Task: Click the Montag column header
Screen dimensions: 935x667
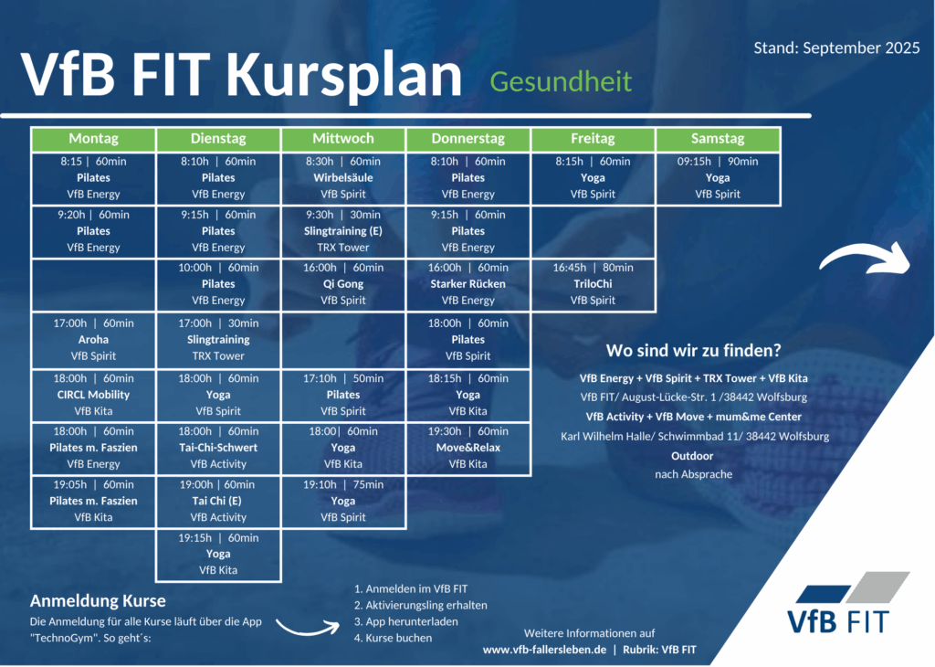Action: click(x=94, y=139)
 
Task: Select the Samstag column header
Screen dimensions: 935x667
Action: click(x=718, y=139)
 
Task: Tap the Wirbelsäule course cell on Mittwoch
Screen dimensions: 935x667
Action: click(x=343, y=178)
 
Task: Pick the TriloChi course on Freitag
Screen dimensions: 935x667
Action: click(x=593, y=284)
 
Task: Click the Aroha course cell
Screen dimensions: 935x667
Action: click(x=94, y=340)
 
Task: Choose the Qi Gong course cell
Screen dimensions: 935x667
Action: click(x=343, y=284)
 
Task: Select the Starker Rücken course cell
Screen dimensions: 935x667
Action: click(x=468, y=284)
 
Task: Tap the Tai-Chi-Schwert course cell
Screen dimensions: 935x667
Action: click(x=218, y=448)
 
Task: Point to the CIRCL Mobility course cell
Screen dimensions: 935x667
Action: click(x=94, y=395)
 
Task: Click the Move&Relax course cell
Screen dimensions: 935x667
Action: click(x=468, y=448)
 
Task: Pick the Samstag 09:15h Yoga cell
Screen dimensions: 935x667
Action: click(x=718, y=178)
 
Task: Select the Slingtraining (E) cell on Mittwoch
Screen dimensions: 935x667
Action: click(x=343, y=231)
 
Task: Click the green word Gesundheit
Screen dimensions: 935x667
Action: click(x=561, y=81)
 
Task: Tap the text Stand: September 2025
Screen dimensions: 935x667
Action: click(x=836, y=48)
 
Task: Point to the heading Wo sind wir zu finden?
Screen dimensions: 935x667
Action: click(x=694, y=350)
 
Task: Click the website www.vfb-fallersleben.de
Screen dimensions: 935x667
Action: click(x=544, y=650)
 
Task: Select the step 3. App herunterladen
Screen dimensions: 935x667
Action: click(x=406, y=621)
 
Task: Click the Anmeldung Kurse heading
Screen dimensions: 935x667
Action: click(x=98, y=601)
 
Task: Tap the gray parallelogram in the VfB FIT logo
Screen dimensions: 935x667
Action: click(x=877, y=588)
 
